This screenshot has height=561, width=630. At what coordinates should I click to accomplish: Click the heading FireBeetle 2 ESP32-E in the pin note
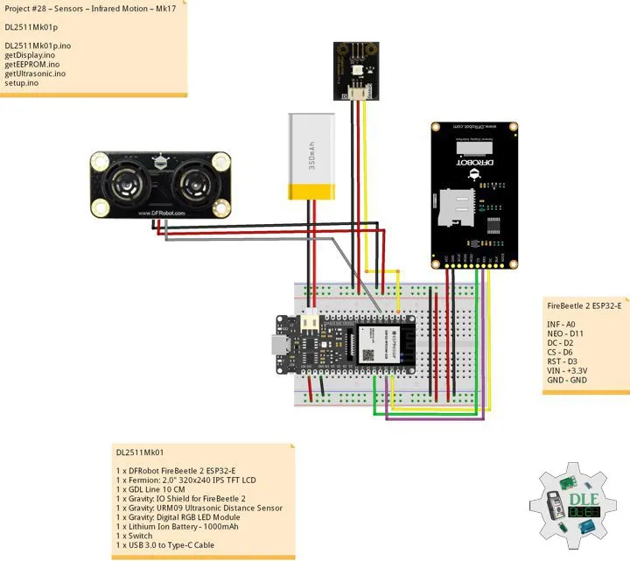click(x=584, y=305)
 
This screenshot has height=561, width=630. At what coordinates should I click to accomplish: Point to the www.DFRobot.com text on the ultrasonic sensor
click(x=160, y=213)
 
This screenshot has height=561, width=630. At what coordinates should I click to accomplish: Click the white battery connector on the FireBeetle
click(x=310, y=325)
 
